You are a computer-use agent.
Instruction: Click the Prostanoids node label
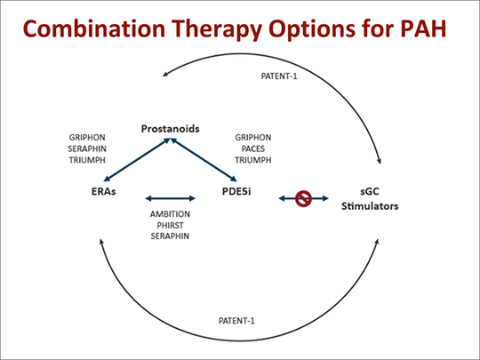tap(169, 130)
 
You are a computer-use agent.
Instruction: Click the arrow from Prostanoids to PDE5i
tap(203, 164)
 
